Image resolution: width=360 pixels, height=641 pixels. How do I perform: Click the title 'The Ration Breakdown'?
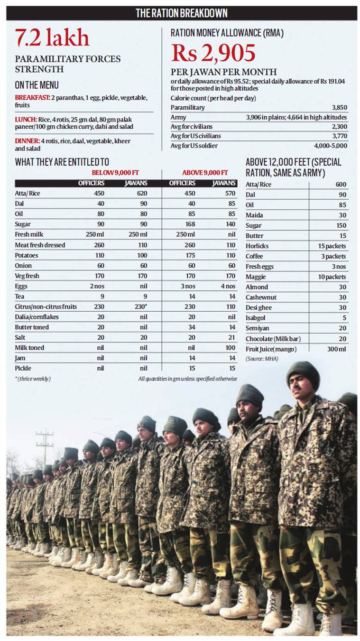coord(182,13)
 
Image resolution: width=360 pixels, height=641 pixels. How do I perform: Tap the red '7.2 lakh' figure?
coord(52,38)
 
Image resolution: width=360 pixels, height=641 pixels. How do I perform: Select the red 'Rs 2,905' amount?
coord(213,53)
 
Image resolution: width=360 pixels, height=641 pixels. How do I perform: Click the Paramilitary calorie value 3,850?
coord(339,108)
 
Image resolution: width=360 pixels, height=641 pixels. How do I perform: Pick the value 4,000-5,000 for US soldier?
coord(331,146)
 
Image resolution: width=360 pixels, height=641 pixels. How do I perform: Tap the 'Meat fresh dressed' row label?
coord(40,245)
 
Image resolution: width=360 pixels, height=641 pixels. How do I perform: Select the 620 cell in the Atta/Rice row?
coord(142,193)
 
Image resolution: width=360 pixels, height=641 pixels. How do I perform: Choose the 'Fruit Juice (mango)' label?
coord(271,349)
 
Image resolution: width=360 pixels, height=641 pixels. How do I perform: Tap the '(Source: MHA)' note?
coord(262,359)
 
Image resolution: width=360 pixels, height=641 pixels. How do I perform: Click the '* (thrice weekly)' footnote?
coord(33,379)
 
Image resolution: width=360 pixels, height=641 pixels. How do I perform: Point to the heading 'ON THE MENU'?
coord(37,85)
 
